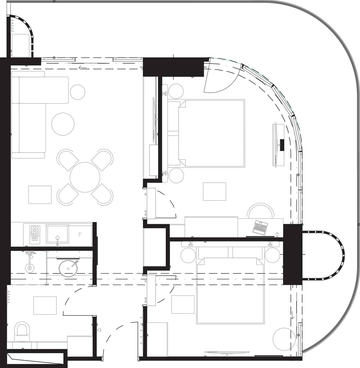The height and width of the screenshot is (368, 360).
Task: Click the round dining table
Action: tap(85, 177)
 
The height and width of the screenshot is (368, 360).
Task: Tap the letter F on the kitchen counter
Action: tap(80, 235)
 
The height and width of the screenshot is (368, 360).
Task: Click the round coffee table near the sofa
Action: tap(63, 124)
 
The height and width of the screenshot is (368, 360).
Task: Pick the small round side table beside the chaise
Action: tap(77, 92)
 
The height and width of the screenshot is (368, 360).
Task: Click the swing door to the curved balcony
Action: tap(220, 76)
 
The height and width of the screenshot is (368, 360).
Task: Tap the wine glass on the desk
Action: tap(277, 235)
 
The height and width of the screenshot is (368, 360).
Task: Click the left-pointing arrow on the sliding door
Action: tap(82, 68)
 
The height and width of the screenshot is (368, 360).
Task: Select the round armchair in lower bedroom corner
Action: tap(284, 339)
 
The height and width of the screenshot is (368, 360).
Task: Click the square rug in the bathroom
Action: tap(45, 305)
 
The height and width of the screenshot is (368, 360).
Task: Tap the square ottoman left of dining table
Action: tap(40, 195)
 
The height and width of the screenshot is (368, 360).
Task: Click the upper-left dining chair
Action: tap(68, 160)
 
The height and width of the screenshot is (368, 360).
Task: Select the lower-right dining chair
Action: tap(102, 194)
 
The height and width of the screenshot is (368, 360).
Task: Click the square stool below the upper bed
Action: tap(214, 191)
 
